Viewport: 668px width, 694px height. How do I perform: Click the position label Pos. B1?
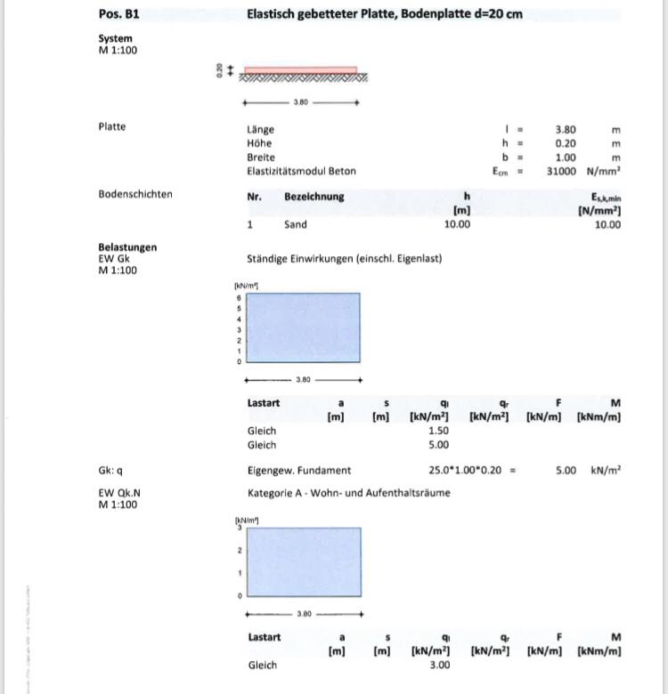coord(118,14)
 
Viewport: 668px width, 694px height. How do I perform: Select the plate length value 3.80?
coord(565,130)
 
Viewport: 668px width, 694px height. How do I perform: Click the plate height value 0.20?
coord(565,143)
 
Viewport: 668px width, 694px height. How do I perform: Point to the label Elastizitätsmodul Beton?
coord(301,171)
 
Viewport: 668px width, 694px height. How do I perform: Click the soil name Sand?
coord(295,225)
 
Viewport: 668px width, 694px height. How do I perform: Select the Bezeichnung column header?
coord(314,196)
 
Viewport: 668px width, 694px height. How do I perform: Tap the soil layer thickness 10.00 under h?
coord(457,225)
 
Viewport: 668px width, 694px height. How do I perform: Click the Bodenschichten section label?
coord(135,194)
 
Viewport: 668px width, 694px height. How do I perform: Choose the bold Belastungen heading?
coord(127,247)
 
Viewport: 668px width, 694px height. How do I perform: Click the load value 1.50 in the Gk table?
coord(438,431)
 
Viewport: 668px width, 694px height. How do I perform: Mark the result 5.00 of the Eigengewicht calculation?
coord(565,471)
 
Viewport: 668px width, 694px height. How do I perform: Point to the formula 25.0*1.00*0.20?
coord(461,471)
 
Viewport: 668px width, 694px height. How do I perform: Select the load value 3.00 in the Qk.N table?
coord(438,665)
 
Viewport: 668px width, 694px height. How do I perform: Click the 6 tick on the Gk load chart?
coord(238,296)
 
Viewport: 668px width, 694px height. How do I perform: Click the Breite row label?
coord(261,157)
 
